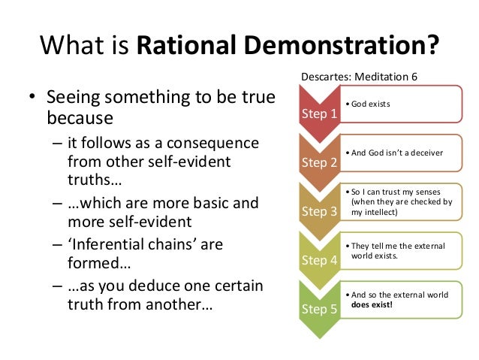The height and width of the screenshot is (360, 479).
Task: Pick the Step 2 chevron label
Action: (319, 162)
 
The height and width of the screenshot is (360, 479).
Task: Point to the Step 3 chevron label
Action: (319, 211)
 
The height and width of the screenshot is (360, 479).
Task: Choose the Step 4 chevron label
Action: (319, 260)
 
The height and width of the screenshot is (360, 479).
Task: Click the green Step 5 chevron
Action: (319, 309)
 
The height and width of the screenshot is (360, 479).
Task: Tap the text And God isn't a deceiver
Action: (396, 153)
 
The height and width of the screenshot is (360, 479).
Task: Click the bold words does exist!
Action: (372, 305)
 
